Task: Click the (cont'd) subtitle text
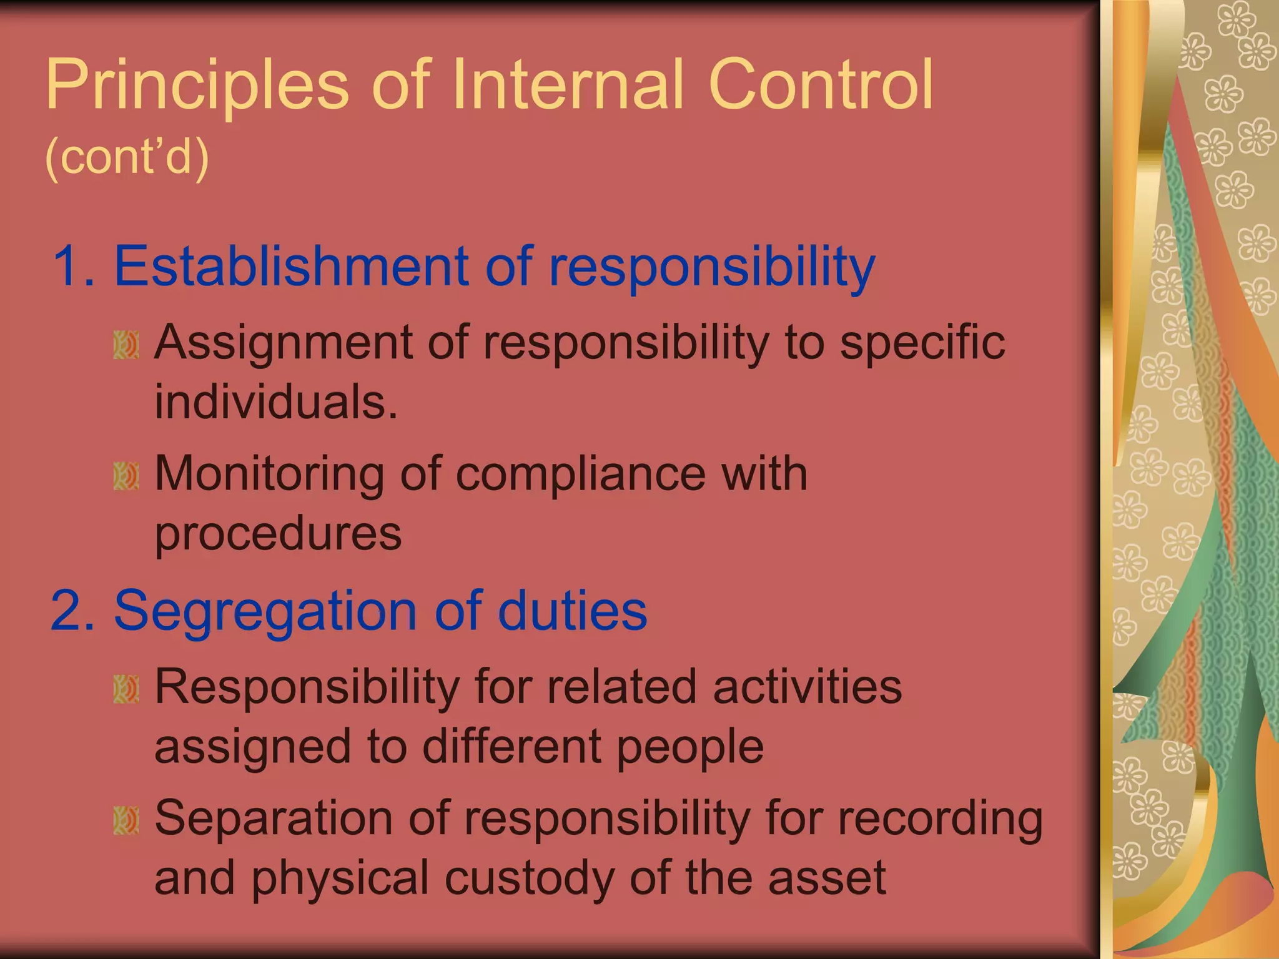(x=127, y=156)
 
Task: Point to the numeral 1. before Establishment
(x=74, y=267)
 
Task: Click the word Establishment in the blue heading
(x=291, y=267)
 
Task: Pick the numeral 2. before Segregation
(x=73, y=611)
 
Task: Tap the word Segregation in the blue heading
(x=265, y=612)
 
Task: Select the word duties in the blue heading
(x=573, y=611)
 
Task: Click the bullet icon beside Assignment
(x=126, y=345)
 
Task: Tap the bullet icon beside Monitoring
(x=126, y=476)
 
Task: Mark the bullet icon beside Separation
(x=126, y=820)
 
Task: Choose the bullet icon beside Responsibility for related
(x=126, y=689)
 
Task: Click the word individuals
(x=276, y=401)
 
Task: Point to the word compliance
(x=580, y=474)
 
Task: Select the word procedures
(x=278, y=534)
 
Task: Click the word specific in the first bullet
(x=922, y=343)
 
